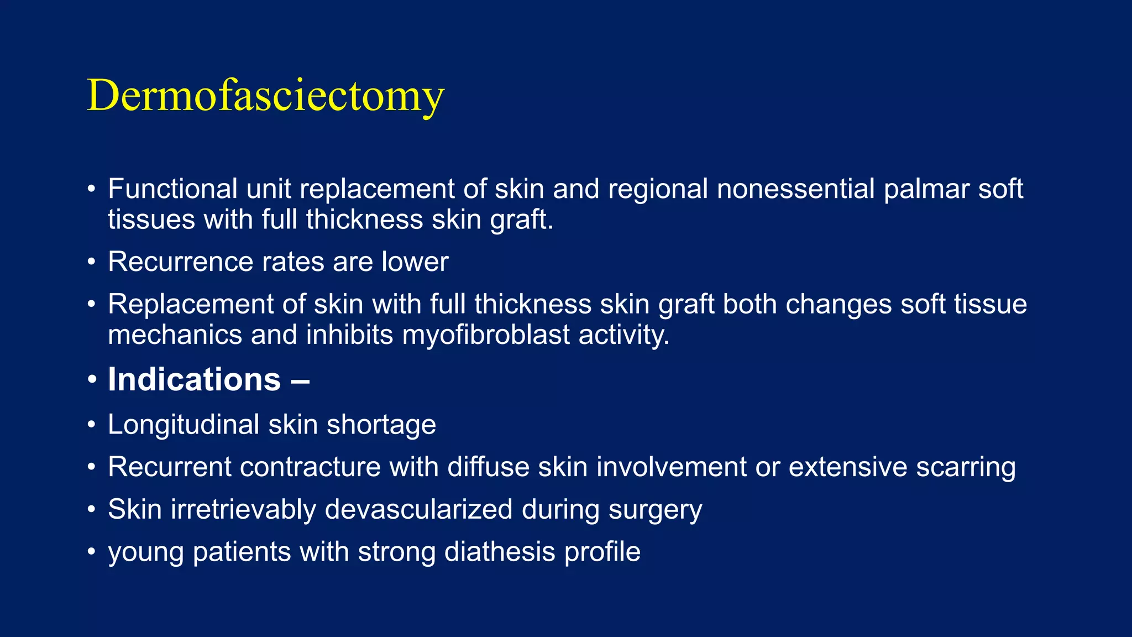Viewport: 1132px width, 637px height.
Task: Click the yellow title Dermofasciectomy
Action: (x=265, y=95)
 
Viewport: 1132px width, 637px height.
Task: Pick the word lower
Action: (x=415, y=262)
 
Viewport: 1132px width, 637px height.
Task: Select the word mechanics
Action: (x=175, y=335)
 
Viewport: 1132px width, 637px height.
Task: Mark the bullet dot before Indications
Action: (x=92, y=380)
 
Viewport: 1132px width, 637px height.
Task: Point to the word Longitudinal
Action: (x=184, y=425)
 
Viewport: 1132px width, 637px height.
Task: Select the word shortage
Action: (x=381, y=425)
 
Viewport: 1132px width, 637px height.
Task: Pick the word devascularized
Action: (x=419, y=509)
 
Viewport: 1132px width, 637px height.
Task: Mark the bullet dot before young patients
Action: (x=92, y=552)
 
